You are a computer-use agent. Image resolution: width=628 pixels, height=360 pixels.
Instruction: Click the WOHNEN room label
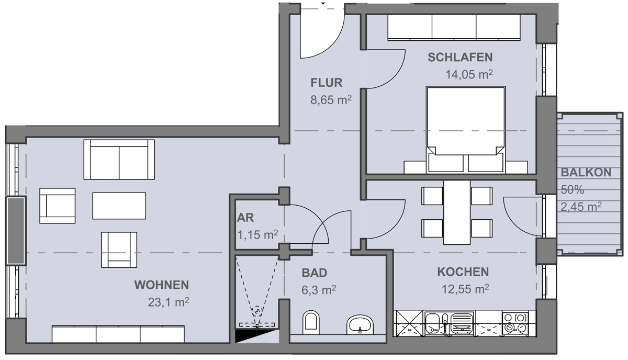(x=161, y=285)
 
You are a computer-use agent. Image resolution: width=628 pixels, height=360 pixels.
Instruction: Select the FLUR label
(x=326, y=83)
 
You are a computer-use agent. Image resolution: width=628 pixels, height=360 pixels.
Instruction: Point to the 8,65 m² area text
(x=330, y=99)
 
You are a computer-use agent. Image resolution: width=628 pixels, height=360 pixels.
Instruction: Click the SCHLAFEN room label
(x=460, y=58)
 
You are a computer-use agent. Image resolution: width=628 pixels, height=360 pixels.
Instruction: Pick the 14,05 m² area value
(x=469, y=74)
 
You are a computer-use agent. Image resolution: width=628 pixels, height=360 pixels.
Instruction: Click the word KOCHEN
(x=463, y=272)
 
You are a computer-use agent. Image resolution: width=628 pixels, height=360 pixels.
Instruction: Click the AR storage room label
(x=246, y=218)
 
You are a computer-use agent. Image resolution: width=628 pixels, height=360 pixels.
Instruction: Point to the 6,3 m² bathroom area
(x=318, y=289)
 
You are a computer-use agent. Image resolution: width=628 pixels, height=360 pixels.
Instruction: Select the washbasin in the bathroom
(x=360, y=324)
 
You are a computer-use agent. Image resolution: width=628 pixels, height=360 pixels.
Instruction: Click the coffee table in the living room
(x=119, y=206)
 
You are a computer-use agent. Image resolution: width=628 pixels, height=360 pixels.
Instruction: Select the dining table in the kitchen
(x=457, y=212)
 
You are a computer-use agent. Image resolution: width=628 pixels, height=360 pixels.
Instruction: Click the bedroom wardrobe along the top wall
(x=454, y=27)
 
